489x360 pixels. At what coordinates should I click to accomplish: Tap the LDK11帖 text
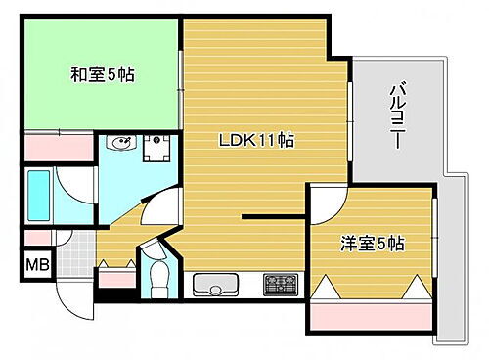[x=255, y=140]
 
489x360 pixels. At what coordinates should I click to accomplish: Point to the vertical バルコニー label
[x=398, y=116]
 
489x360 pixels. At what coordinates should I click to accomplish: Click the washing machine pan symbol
[x=157, y=148]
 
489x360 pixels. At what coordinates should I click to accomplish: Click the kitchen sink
[x=217, y=286]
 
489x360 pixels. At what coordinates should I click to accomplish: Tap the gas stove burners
[x=282, y=285]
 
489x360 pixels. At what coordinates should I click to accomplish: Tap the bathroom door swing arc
[x=76, y=186]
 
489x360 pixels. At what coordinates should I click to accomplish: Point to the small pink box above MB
[x=37, y=237]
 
